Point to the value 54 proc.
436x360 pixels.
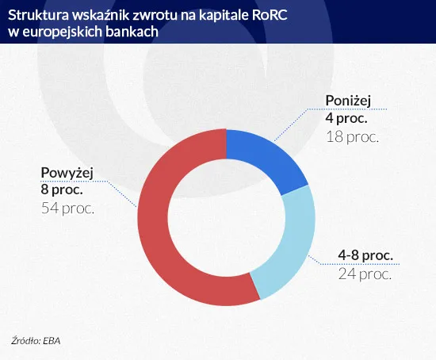coord(67,209)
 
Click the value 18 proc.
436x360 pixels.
coord(353,136)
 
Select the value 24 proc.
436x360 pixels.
coord(365,274)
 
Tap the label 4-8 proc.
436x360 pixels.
coord(365,257)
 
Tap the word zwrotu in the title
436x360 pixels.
coord(146,15)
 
